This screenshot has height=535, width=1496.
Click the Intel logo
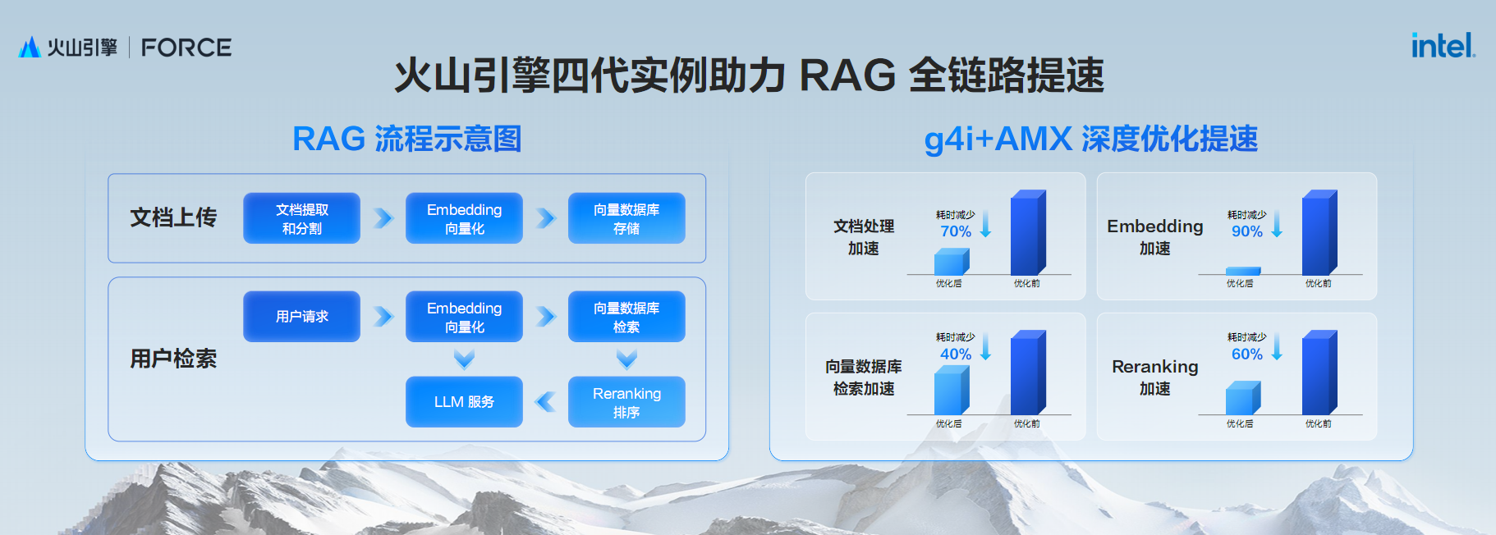pos(1442,46)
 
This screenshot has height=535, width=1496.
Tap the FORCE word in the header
pos(186,48)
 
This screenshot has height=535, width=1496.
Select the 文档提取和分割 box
pos(301,218)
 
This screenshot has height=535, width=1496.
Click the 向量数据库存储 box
pos(626,218)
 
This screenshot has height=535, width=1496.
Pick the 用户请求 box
pos(301,317)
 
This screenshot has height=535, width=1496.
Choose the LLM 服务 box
pos(464,402)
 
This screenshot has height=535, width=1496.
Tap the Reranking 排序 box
pos(626,402)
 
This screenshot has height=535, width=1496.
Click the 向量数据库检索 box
pos(626,317)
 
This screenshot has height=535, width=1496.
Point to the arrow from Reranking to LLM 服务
pos(545,402)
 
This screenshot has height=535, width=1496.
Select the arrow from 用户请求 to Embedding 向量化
pos(383,317)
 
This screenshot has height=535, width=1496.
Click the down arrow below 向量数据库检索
pos(626,359)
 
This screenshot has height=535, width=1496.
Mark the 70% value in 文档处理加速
pos(956,231)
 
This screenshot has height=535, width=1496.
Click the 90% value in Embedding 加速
pos(1247,231)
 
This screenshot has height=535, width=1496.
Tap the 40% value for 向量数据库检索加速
pos(956,354)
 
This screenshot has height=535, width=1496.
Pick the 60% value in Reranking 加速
pos(1247,354)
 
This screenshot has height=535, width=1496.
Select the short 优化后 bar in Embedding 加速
pos(1242,271)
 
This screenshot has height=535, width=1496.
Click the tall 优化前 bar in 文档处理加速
pos(1027,234)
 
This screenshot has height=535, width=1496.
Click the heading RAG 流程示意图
pos(407,139)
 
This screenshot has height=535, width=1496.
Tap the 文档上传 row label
pos(173,217)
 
